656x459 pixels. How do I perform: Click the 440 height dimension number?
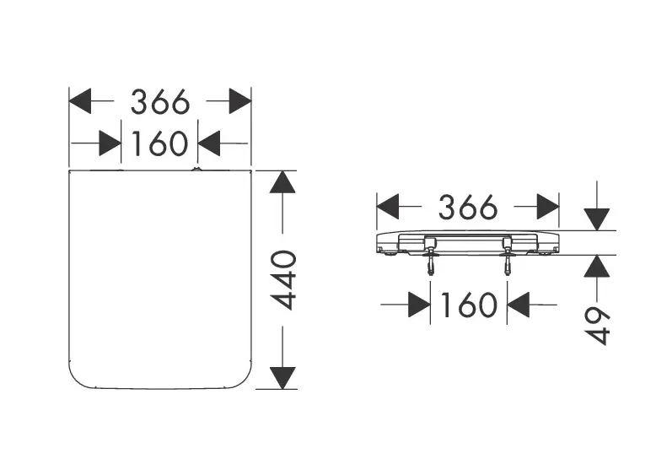click(x=286, y=280)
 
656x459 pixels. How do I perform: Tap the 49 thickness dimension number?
click(x=597, y=325)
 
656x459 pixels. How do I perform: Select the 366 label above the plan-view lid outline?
click(x=159, y=102)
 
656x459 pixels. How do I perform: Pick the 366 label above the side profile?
click(x=467, y=206)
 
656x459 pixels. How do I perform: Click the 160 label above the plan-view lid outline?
click(x=159, y=144)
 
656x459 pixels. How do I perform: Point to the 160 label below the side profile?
click(x=469, y=305)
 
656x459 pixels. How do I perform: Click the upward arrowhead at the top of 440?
click(x=283, y=183)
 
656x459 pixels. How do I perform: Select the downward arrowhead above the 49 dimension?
click(x=597, y=218)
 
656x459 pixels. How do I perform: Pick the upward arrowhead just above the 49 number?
click(x=597, y=267)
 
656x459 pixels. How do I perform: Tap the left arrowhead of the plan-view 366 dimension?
click(x=80, y=102)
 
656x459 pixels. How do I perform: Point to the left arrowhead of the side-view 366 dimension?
click(x=388, y=206)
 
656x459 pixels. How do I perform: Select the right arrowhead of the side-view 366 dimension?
click(x=548, y=206)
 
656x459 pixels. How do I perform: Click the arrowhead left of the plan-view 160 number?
click(x=110, y=144)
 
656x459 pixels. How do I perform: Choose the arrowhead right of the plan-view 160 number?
click(x=209, y=144)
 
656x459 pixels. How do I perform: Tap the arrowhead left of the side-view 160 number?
click(x=419, y=305)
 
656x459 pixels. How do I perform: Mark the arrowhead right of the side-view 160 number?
click(x=519, y=305)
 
